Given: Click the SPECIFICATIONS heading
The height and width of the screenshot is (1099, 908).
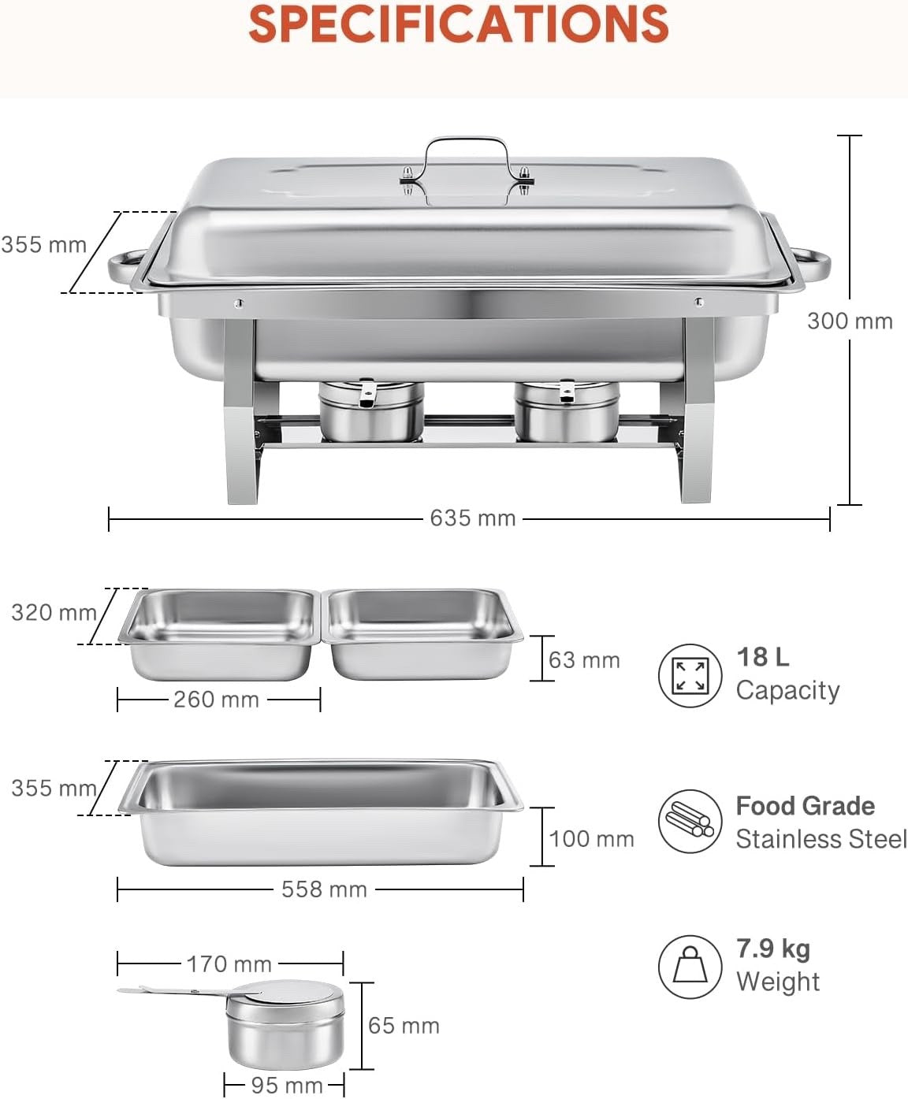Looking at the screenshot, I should pos(459,24).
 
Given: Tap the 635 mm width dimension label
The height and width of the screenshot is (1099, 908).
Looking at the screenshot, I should pos(472,518).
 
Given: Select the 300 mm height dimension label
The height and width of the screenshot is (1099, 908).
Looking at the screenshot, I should pos(850,321).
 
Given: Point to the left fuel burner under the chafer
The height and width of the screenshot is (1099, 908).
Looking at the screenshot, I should pos(370,411).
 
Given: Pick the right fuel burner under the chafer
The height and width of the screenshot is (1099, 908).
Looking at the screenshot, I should pos(567,411).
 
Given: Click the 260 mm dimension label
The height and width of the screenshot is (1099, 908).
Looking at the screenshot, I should pos(216,700).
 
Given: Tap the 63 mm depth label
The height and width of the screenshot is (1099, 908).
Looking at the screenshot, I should pos(584,660).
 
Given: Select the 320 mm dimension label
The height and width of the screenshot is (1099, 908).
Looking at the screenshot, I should pos(54,612).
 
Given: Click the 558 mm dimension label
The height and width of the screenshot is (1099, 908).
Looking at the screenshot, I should pos(324,889).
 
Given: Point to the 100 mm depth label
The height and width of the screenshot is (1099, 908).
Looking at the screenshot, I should pos(591,839).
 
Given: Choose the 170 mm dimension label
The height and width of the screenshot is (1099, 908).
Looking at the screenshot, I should pos(229,963).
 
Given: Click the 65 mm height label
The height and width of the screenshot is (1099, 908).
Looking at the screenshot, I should pos(404,1026).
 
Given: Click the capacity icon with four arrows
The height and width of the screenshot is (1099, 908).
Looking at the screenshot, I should pos(690,676).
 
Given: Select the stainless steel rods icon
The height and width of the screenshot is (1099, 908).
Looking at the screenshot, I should pos(690,822).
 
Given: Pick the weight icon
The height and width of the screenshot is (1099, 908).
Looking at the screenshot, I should pos(690,966).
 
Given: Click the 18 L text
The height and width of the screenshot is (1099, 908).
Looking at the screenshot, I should pos(762,657).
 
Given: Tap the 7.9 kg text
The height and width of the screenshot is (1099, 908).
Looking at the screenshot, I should pos(772,949).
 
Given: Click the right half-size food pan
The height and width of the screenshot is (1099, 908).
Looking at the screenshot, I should pos(424,632).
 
